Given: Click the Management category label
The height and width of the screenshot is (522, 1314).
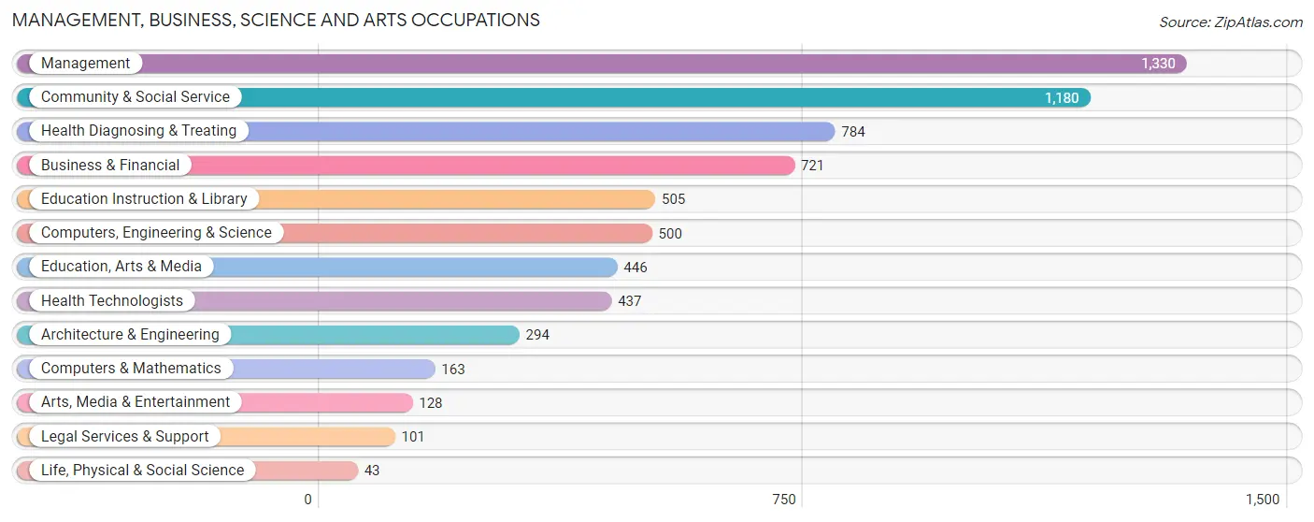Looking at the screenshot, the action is [86, 63].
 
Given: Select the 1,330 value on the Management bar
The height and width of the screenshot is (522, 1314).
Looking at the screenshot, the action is [1158, 64].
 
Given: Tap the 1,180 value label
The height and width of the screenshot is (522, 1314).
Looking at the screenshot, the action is [1062, 97].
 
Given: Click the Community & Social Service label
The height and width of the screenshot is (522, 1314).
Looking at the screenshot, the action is [136, 97].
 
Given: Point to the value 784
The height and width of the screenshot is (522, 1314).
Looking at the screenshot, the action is [853, 132].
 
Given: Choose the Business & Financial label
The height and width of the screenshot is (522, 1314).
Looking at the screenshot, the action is [110, 165].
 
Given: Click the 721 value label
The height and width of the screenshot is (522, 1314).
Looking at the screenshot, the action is [812, 166].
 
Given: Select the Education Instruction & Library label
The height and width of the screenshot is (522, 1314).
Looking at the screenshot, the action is [144, 198].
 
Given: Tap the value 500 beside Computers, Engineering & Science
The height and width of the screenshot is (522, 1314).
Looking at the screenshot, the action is [670, 234].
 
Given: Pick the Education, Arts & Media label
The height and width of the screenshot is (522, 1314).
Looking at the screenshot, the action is [121, 266].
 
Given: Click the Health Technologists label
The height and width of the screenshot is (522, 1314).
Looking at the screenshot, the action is [112, 300].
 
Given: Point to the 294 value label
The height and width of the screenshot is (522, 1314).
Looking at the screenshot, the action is [537, 335].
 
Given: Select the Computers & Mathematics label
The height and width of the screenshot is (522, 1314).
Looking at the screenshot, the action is [131, 369].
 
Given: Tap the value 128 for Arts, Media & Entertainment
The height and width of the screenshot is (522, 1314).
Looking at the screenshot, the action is [431, 403].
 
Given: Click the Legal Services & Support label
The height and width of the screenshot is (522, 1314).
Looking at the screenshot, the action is [125, 436].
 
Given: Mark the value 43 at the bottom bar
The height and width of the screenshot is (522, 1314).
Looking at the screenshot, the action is [372, 471].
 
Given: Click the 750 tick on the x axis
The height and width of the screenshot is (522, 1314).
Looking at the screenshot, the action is [784, 500].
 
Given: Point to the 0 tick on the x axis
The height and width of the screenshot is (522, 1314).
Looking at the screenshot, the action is [307, 500].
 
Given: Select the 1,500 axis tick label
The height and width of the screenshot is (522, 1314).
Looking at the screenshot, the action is [1263, 500].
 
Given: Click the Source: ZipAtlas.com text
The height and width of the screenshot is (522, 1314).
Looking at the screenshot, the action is [1231, 22].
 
